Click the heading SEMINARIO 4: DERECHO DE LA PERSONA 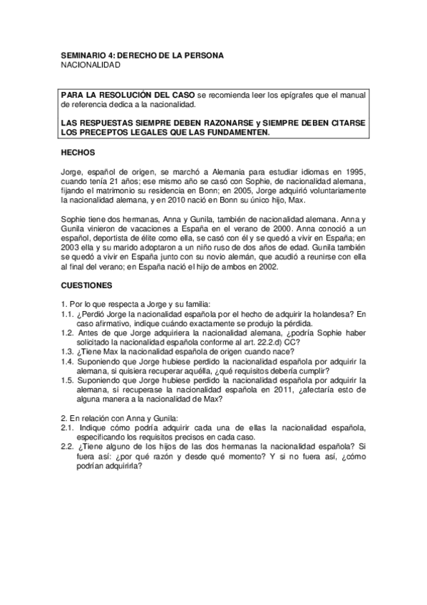click(143, 55)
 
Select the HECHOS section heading click(78, 153)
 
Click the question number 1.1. click(68, 312)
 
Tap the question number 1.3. click(68, 350)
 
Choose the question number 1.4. click(68, 360)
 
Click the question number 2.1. click(68, 426)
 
